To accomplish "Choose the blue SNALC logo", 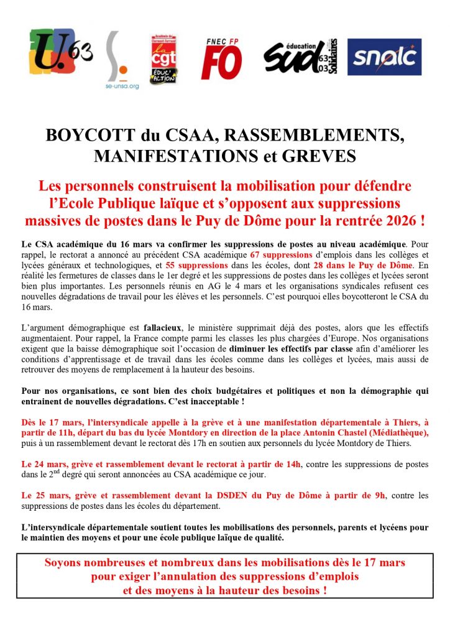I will [383, 57].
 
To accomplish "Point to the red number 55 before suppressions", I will [173, 266].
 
